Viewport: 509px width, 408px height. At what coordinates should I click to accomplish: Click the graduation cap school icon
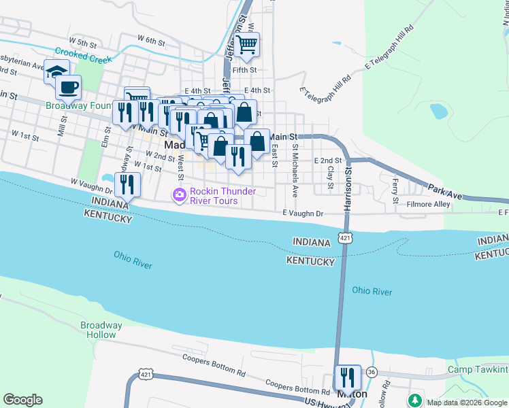pyautogui.click(x=56, y=70)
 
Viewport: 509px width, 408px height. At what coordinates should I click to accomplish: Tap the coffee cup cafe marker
pyautogui.click(x=68, y=87)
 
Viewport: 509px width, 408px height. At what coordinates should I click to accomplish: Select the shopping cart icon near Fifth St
pyautogui.click(x=248, y=44)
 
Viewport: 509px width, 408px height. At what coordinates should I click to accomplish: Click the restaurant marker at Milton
pyautogui.click(x=348, y=377)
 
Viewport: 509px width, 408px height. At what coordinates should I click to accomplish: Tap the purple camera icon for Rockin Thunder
pyautogui.click(x=180, y=196)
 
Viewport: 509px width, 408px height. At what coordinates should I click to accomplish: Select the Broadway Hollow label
pyautogui.click(x=101, y=330)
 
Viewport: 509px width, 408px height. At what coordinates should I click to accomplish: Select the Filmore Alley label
pyautogui.click(x=428, y=204)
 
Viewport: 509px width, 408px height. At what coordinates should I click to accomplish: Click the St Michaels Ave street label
pyautogui.click(x=295, y=170)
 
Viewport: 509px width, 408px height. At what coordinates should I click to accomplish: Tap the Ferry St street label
pyautogui.click(x=395, y=184)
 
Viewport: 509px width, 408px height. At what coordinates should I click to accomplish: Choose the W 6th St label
pyautogui.click(x=151, y=41)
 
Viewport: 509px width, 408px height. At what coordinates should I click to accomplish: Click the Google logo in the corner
pyautogui.click(x=22, y=400)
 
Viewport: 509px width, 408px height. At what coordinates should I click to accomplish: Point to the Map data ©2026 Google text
pyautogui.click(x=467, y=403)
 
